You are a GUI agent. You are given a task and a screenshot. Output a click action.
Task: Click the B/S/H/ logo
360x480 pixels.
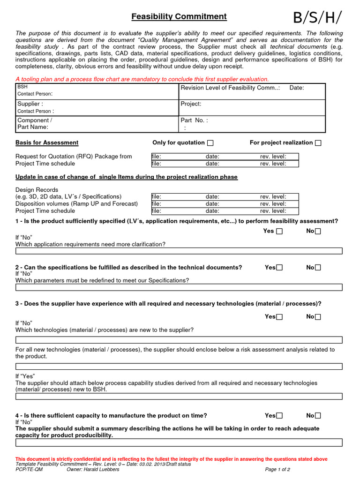pyautogui.click(x=317, y=17)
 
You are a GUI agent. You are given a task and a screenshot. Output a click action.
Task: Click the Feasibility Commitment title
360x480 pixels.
pyautogui.click(x=179, y=17)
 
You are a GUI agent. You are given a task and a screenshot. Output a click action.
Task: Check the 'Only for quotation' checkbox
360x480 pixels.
pyautogui.click(x=210, y=143)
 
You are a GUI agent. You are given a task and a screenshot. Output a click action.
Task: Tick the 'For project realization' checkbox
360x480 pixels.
pyautogui.click(x=318, y=143)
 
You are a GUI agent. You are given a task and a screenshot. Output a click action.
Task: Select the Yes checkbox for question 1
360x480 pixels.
pyautogui.click(x=279, y=231)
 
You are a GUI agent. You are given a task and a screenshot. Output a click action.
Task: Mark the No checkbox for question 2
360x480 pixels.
pyautogui.click(x=318, y=268)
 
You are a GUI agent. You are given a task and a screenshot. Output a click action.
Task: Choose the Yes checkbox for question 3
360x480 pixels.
pyautogui.click(x=279, y=317)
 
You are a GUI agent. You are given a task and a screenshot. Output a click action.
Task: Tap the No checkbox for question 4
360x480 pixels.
pyautogui.click(x=318, y=416)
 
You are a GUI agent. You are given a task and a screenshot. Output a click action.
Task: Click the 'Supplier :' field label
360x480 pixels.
pyautogui.click(x=30, y=104)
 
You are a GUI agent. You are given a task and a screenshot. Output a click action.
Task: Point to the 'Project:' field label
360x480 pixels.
pyautogui.click(x=191, y=104)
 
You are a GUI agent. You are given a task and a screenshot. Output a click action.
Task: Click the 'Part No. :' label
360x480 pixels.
pyautogui.click(x=194, y=120)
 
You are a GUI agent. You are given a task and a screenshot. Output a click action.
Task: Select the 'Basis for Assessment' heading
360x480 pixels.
pyautogui.click(x=47, y=142)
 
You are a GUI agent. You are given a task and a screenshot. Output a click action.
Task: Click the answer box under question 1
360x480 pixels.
pyautogui.click(x=179, y=251)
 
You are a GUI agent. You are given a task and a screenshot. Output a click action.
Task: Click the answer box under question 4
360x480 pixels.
pyautogui.click(x=179, y=442)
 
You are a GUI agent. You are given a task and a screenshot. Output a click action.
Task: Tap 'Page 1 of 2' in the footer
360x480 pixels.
pyautogui.click(x=277, y=469)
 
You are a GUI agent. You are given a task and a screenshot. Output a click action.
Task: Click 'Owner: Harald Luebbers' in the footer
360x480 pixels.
pyautogui.click(x=93, y=469)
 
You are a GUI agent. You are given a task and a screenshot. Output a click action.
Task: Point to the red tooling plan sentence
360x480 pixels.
pyautogui.click(x=142, y=79)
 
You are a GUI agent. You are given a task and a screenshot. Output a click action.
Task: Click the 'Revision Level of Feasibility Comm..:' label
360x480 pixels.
pyautogui.click(x=230, y=88)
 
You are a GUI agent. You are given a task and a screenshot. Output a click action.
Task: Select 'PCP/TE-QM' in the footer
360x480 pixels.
pyautogui.click(x=29, y=469)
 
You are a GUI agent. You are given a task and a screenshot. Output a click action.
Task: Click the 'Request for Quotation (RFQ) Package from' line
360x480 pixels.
pyautogui.click(x=74, y=157)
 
